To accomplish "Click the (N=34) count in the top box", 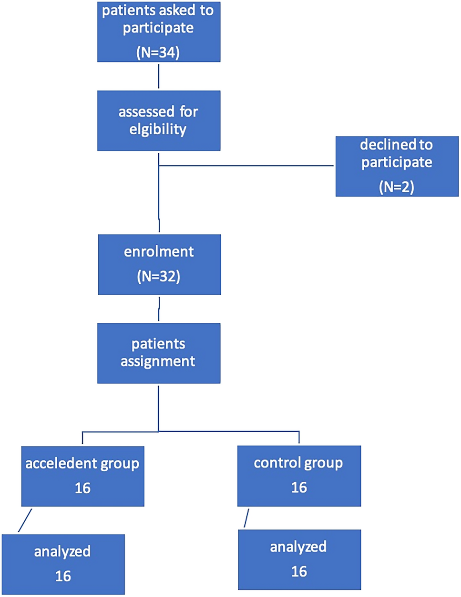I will pos(158,52).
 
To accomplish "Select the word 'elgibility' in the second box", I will pos(158,129).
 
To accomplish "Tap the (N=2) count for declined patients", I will pos(397,187).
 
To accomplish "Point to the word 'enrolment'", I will pos(159,252).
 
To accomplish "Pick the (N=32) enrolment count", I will pos(159,276).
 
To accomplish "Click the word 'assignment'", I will pos(158,361).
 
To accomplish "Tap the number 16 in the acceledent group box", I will pos(82,488).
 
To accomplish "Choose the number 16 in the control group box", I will pos(299,488).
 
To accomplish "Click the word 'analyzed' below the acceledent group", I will pos(62,551).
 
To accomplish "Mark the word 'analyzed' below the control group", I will pos(298,547).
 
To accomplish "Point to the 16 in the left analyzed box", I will pos(63,576).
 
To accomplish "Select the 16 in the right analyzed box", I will pos(299,571).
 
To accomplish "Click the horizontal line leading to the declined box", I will pos(246,166).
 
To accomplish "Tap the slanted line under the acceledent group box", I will pos(25,520).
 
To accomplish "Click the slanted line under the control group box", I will pos(246,518).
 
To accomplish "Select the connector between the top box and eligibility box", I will pos(159,76).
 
